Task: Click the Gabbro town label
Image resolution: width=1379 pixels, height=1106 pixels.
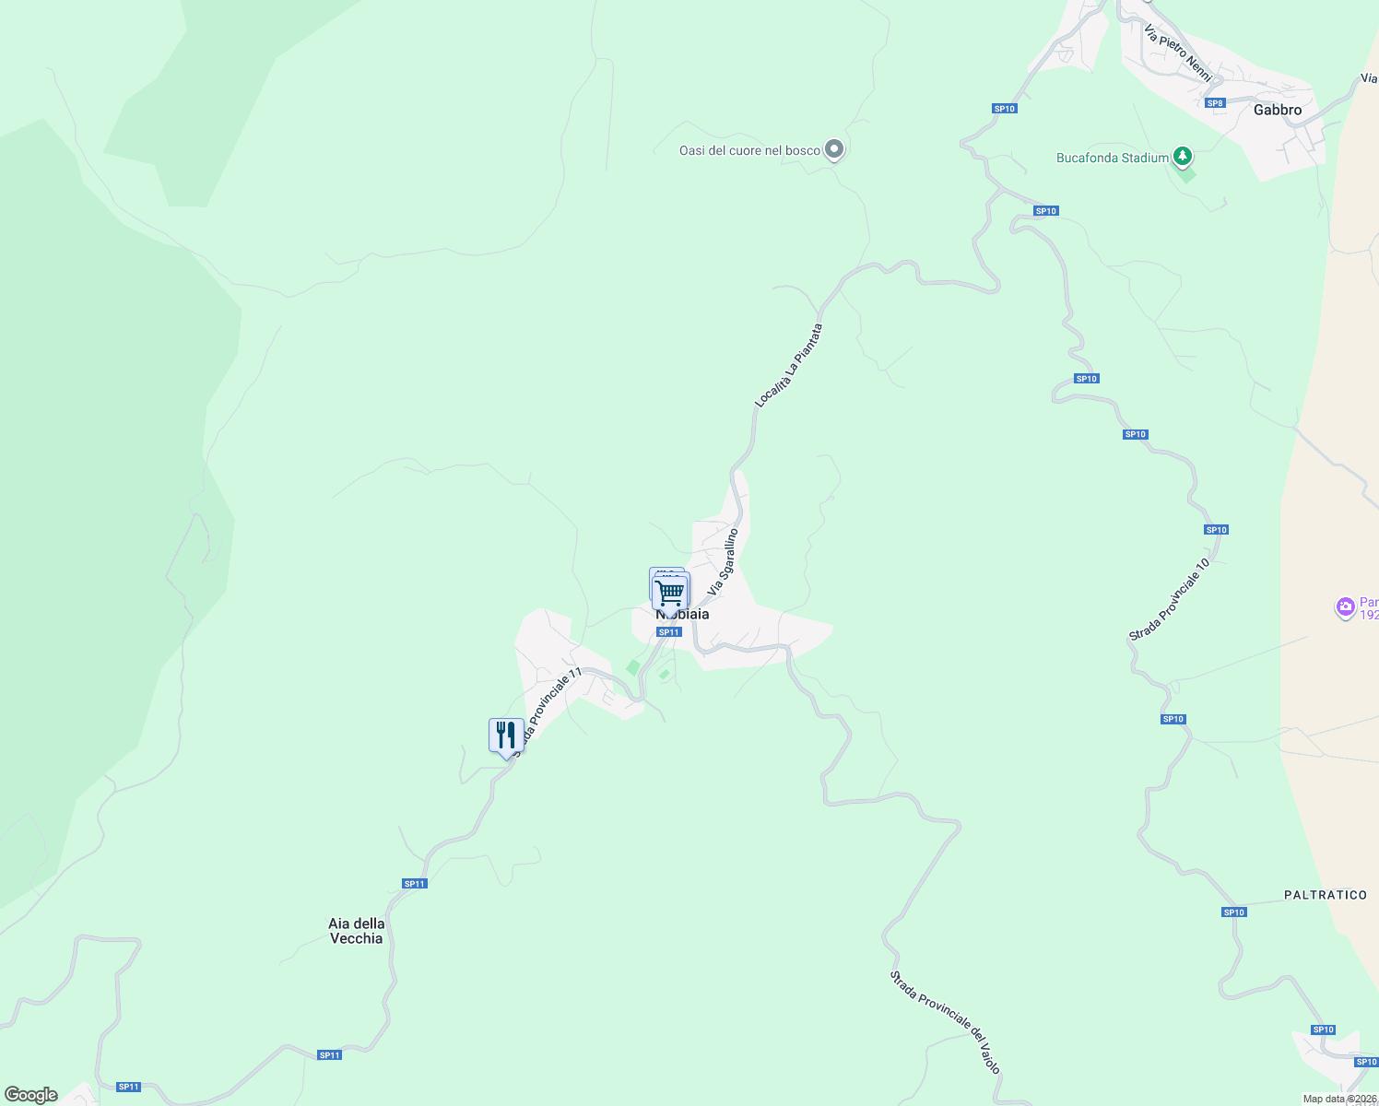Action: click(1277, 110)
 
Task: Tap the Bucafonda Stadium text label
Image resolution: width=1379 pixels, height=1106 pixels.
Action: click(1112, 158)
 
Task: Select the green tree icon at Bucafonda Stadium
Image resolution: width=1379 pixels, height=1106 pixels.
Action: click(1183, 157)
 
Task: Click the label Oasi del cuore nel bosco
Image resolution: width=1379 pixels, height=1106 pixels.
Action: click(749, 150)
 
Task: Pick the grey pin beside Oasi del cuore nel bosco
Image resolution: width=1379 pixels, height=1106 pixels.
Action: click(834, 148)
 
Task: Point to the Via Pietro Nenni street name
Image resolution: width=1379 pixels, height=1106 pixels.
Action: click(1178, 53)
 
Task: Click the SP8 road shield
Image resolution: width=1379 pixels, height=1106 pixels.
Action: click(1215, 102)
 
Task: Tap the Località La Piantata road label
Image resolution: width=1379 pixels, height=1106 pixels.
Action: click(788, 365)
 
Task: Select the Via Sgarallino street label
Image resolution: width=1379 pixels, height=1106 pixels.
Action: click(723, 560)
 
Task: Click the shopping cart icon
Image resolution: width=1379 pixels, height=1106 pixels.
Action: click(671, 591)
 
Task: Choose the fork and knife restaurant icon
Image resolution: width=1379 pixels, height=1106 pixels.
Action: click(506, 735)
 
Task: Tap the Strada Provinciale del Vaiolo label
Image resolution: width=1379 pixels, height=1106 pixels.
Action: click(945, 1021)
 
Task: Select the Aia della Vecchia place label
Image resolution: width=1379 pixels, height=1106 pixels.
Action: click(356, 931)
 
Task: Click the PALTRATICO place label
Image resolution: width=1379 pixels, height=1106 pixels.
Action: click(1325, 895)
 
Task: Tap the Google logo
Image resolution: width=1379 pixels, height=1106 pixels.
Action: click(31, 1095)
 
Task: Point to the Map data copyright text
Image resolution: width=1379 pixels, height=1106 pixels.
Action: click(1339, 1099)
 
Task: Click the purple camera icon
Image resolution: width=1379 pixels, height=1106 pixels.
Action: click(1345, 606)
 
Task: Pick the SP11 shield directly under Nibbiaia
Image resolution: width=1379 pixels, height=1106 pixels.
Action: click(668, 631)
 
